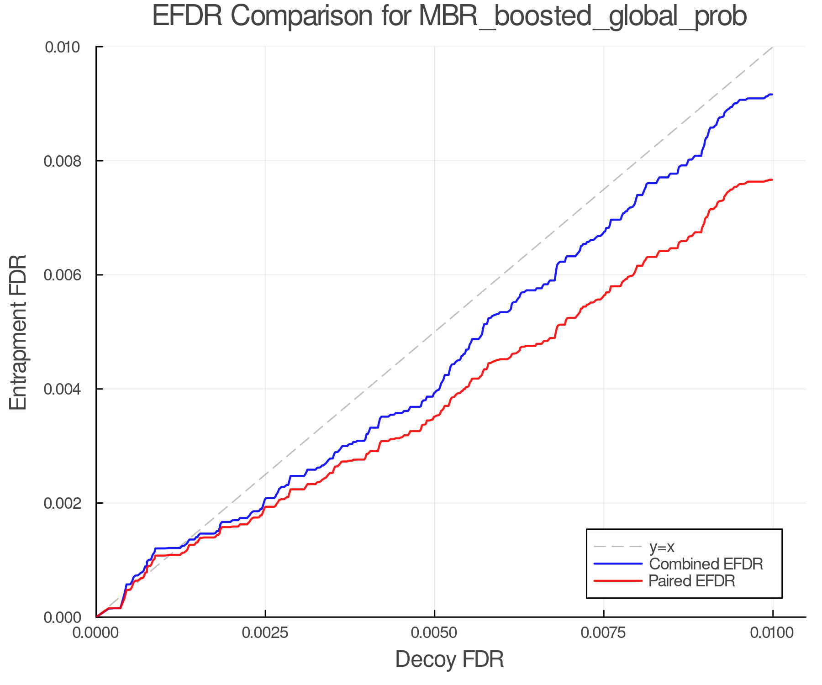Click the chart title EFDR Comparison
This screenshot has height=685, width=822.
click(x=449, y=16)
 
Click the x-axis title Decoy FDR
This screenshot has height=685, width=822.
click(x=449, y=659)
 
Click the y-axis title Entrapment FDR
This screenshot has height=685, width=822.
click(x=18, y=332)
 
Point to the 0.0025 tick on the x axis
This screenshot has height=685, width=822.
click(x=265, y=633)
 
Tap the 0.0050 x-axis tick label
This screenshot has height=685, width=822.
click(x=434, y=633)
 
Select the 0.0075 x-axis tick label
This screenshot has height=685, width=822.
click(x=604, y=633)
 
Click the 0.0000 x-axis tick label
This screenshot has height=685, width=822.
click(x=96, y=633)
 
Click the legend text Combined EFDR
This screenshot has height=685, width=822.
click(x=706, y=564)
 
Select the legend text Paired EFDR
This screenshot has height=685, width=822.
click(x=692, y=581)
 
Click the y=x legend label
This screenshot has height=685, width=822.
click(x=662, y=547)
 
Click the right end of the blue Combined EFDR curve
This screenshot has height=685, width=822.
click(x=772, y=95)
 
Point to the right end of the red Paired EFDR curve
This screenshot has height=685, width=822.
click(x=772, y=180)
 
